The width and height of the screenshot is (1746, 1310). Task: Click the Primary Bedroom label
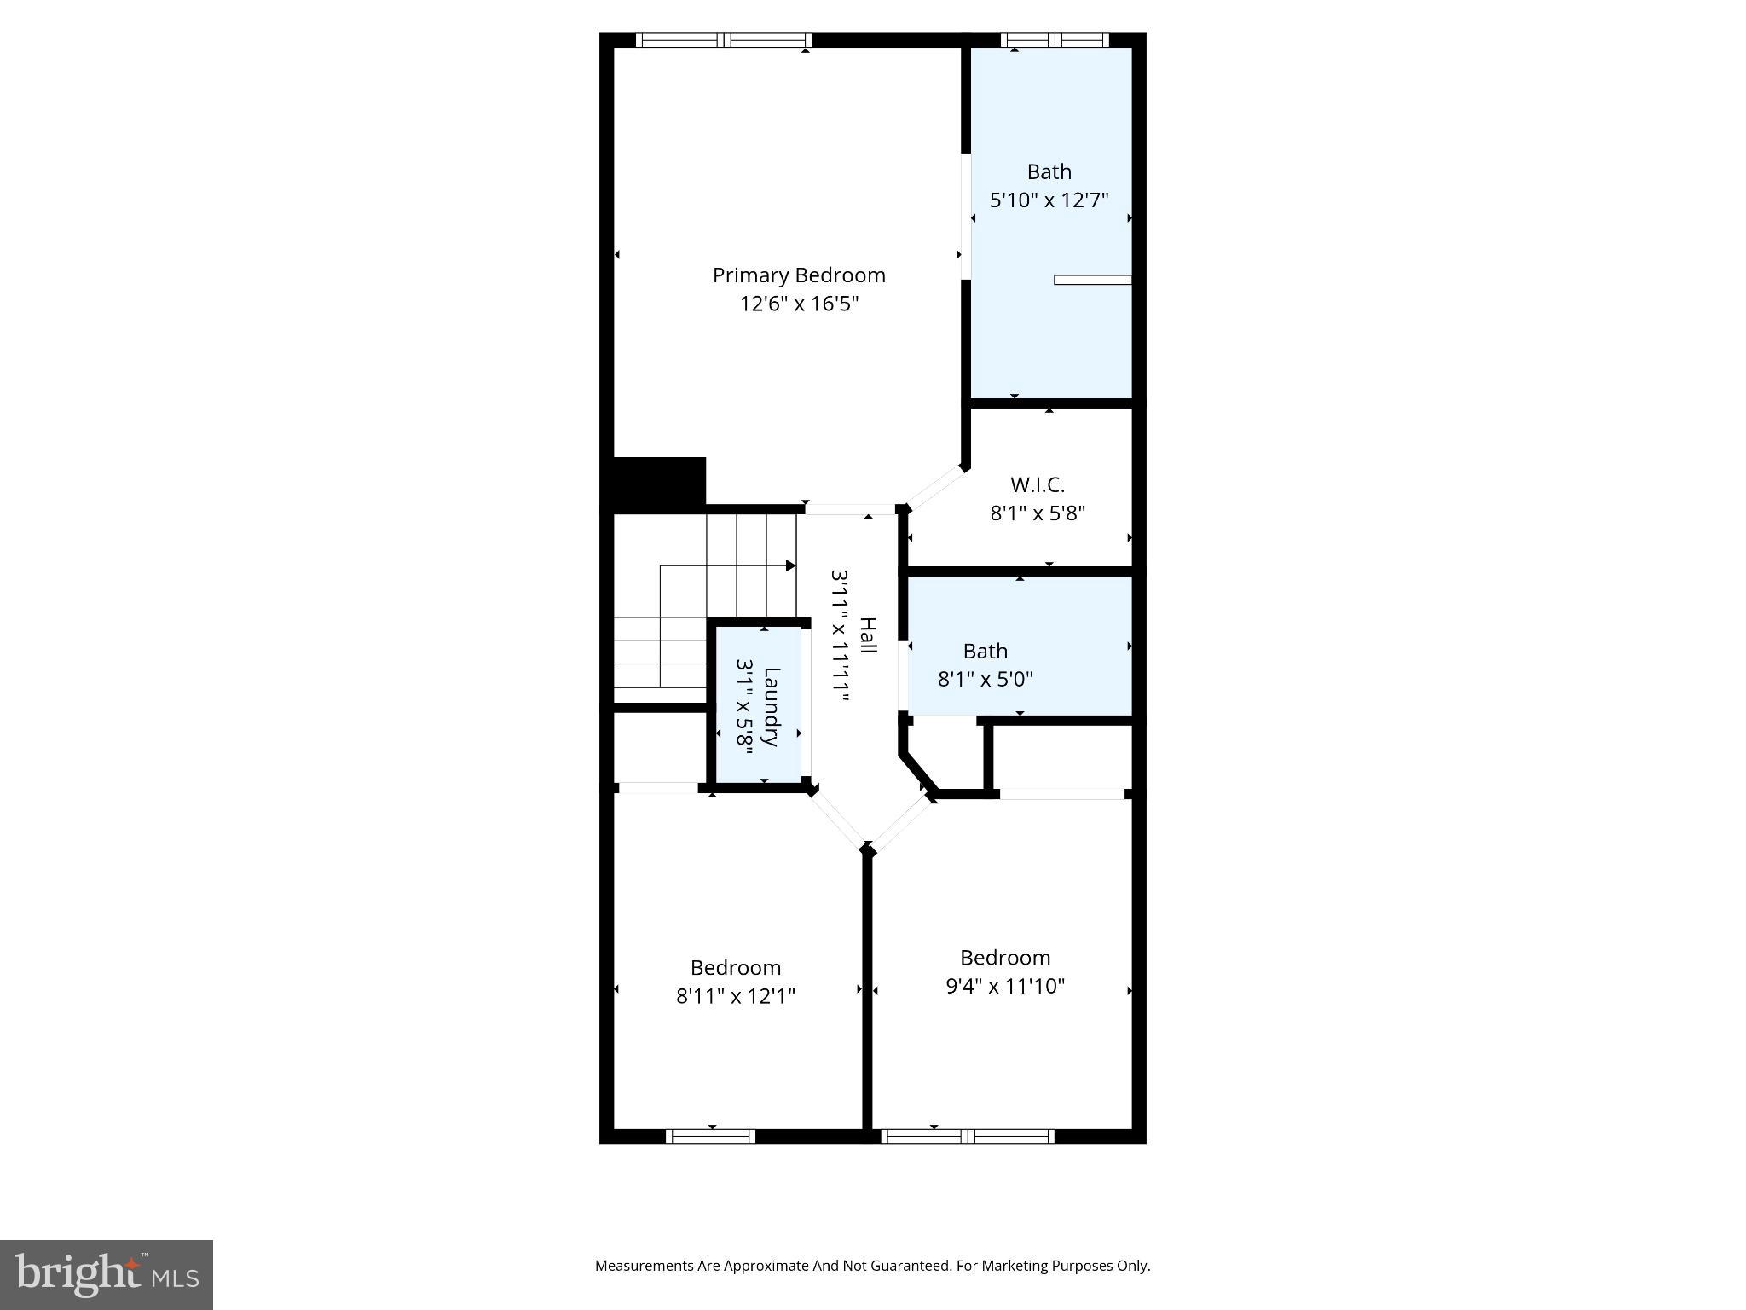(x=799, y=275)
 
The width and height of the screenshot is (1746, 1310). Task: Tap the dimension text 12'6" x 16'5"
(x=799, y=304)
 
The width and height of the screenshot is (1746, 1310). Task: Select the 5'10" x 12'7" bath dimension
(x=1049, y=200)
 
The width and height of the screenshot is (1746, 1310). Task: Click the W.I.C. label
(x=1038, y=485)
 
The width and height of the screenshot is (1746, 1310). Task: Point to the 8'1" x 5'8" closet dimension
(x=1038, y=513)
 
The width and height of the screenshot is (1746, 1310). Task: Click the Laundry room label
(x=771, y=706)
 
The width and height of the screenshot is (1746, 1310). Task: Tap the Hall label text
(x=867, y=636)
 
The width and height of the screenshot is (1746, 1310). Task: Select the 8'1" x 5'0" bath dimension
(x=986, y=680)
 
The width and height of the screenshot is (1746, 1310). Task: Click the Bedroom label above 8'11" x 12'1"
(x=736, y=968)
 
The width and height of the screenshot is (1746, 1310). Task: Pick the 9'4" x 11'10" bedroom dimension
(x=1005, y=987)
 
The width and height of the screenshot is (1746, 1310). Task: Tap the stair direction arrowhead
(x=790, y=566)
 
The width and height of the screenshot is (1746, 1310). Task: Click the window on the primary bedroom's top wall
(x=724, y=40)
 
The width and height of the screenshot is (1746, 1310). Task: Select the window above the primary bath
(x=1055, y=40)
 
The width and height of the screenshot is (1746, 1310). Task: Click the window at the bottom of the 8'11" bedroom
(x=710, y=1136)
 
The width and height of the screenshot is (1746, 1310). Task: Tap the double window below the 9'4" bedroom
(x=968, y=1136)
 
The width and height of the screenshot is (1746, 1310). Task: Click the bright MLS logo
(x=107, y=1274)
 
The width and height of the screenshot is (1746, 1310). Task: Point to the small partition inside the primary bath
(x=1092, y=280)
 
